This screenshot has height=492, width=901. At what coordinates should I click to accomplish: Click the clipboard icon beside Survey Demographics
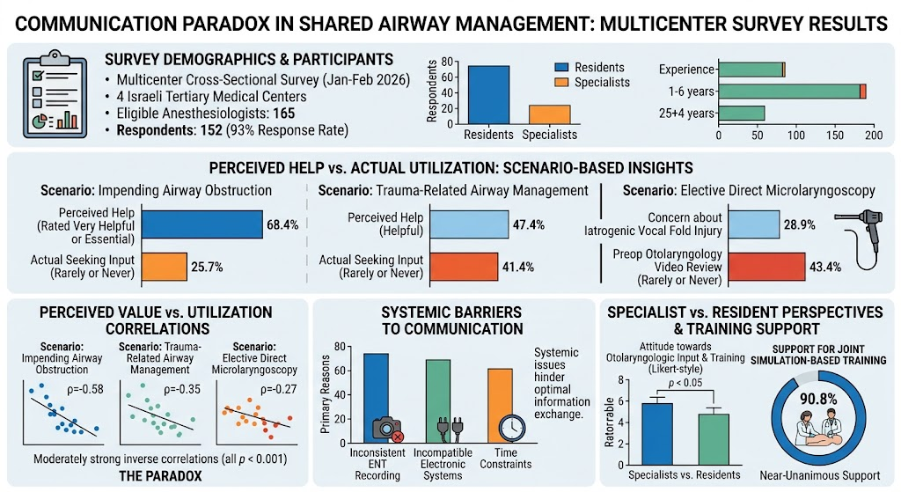[55, 93]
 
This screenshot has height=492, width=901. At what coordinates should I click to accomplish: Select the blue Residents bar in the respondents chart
[488, 95]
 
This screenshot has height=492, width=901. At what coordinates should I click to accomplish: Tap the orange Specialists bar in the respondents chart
[549, 114]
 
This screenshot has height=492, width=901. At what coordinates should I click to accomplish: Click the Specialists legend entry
[592, 82]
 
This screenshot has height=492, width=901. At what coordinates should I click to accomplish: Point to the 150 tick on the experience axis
[835, 136]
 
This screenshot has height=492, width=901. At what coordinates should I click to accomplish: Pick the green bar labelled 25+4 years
[741, 114]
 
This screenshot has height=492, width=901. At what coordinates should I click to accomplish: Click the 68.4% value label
[282, 224]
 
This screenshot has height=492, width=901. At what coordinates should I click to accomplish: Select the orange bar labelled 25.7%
[165, 267]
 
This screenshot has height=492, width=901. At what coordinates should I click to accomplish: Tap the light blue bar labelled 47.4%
[469, 224]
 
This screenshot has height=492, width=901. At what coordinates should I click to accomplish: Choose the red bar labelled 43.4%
[766, 267]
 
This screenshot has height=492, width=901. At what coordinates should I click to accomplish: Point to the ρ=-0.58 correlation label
[85, 390]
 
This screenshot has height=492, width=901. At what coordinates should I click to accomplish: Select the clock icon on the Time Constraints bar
[511, 429]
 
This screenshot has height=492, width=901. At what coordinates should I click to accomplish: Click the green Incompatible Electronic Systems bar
[438, 401]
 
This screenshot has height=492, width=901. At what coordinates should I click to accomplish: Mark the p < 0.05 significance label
[685, 383]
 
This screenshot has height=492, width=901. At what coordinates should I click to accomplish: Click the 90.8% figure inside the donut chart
[818, 399]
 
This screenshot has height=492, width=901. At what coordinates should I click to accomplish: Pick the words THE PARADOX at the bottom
[160, 476]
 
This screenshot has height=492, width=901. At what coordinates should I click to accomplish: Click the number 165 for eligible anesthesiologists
[284, 114]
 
